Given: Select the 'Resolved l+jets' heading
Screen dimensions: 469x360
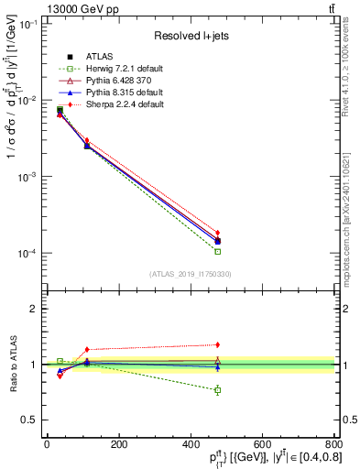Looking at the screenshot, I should (190, 36).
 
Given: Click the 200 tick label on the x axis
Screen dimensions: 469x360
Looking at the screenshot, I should (118, 444).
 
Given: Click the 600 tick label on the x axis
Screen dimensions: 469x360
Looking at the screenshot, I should (262, 444).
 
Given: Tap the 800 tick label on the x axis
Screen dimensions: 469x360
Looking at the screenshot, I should (333, 444).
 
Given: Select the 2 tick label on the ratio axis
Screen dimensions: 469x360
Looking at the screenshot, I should (35, 310).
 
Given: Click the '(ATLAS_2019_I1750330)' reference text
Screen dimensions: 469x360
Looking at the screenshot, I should (189, 274).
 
